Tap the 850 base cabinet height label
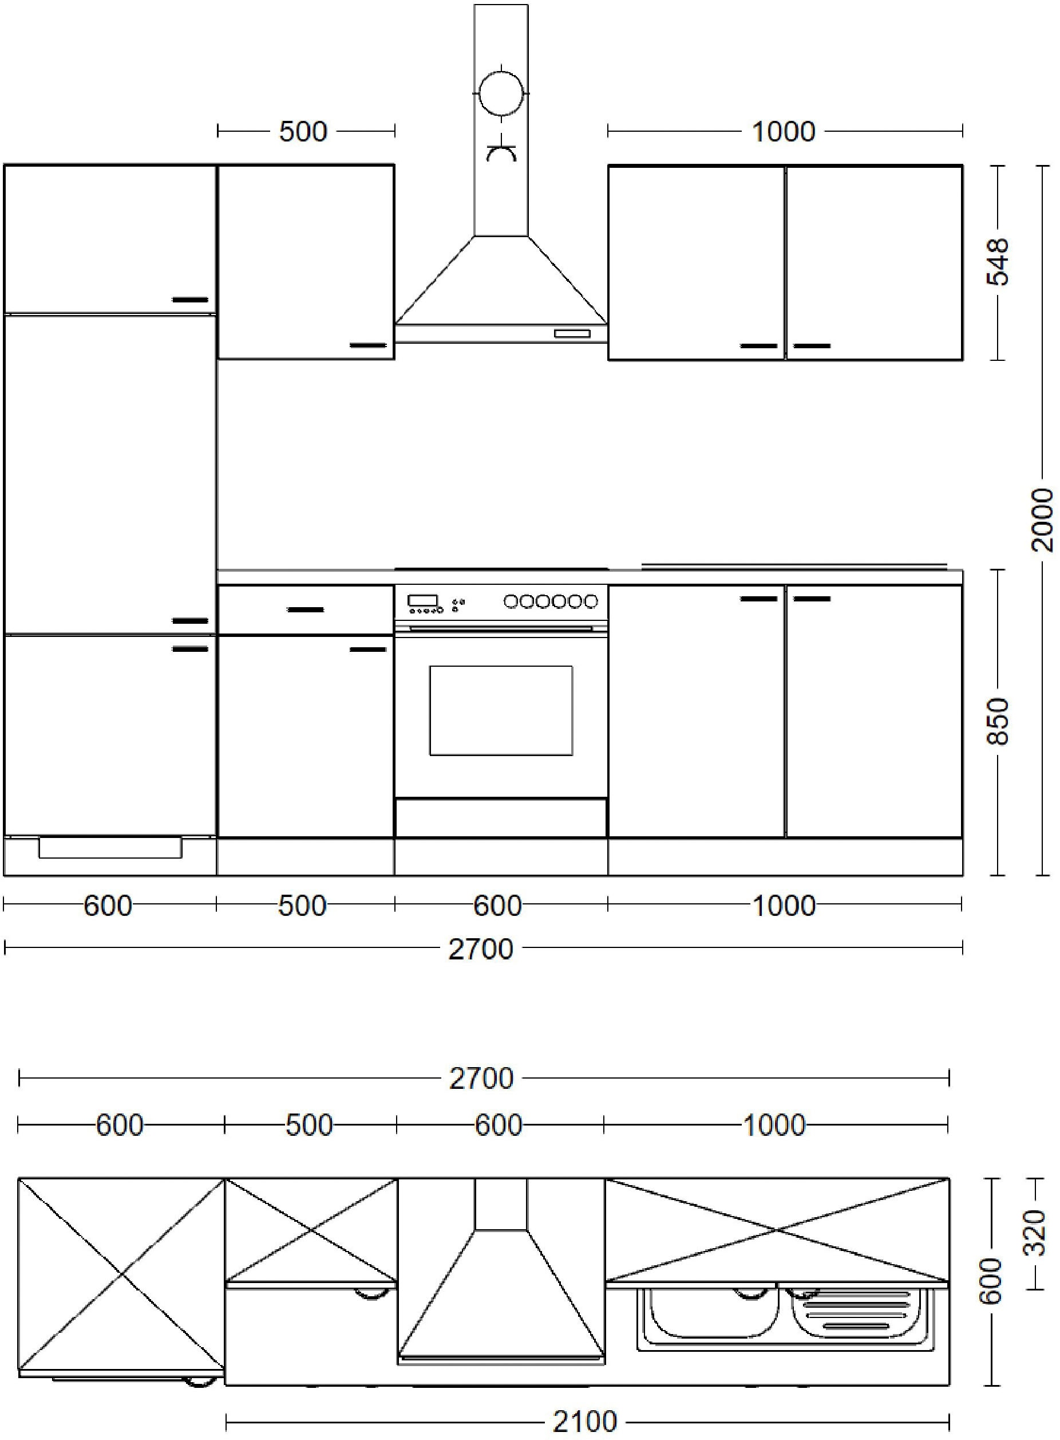pos(998,721)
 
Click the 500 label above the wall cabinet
pos(303,132)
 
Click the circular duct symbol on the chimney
pos(501,92)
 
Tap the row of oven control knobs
pos(551,601)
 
